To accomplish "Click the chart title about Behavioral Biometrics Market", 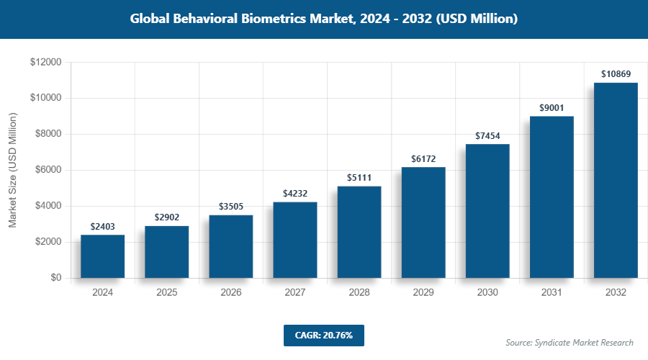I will pyautogui.click(x=324, y=19).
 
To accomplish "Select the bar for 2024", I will pyautogui.click(x=102, y=256).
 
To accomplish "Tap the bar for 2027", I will pyautogui.click(x=295, y=240).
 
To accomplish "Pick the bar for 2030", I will pyautogui.click(x=487, y=211).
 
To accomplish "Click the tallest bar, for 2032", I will pyautogui.click(x=616, y=180).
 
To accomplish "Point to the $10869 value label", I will pyautogui.click(x=616, y=74).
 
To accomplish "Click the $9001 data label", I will pyautogui.click(x=552, y=108).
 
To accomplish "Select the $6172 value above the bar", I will pyautogui.click(x=423, y=158).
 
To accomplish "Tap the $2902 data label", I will pyautogui.click(x=166, y=217).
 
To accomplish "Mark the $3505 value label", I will pyautogui.click(x=230, y=207).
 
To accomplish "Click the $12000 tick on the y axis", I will pyautogui.click(x=45, y=63).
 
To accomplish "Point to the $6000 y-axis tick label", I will pyautogui.click(x=48, y=171).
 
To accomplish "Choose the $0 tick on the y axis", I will pyautogui.click(x=55, y=279).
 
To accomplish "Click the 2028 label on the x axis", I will pyautogui.click(x=359, y=293).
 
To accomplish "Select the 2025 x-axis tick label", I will pyautogui.click(x=166, y=293).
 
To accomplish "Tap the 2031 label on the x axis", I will pyautogui.click(x=552, y=293).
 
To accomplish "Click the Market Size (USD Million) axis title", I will pyautogui.click(x=13, y=171).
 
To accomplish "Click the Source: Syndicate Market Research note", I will pyautogui.click(x=570, y=342).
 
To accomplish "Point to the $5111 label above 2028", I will pyautogui.click(x=359, y=178).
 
